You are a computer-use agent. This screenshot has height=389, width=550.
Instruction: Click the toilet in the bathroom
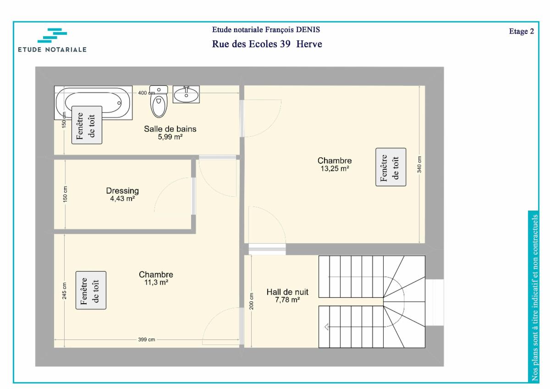(x=159, y=101)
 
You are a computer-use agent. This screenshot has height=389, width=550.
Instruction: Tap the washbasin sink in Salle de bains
(x=186, y=94)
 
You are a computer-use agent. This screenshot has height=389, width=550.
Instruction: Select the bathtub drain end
(x=119, y=103)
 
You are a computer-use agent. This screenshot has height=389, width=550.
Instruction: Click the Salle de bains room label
(x=170, y=129)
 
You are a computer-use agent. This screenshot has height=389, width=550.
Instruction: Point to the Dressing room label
(x=122, y=191)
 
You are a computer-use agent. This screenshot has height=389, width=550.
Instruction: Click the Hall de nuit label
(x=287, y=292)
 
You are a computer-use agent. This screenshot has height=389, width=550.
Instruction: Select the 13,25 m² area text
(x=335, y=168)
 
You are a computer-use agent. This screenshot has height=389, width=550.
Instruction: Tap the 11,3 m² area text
(x=156, y=283)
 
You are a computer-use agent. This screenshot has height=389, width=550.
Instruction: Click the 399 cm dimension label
(x=146, y=339)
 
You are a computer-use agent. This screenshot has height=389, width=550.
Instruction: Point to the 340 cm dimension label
(x=419, y=164)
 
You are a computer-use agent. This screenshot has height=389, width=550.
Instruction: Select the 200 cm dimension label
(x=251, y=301)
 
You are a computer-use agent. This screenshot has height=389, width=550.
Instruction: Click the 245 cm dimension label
(x=64, y=291)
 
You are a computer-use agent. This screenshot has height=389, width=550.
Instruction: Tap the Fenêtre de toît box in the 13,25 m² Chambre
(x=390, y=167)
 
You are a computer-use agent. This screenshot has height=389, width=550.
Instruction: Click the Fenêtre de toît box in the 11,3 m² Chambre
(x=91, y=290)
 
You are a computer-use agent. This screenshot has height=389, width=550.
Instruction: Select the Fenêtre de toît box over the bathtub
(x=87, y=125)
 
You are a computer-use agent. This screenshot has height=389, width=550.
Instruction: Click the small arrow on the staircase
(x=326, y=327)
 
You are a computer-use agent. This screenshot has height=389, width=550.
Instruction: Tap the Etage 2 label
(x=522, y=31)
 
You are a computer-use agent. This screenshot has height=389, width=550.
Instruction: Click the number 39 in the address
(x=285, y=44)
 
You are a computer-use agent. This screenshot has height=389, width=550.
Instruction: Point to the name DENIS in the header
(x=308, y=29)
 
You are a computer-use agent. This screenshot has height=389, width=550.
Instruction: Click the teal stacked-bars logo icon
(x=52, y=35)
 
